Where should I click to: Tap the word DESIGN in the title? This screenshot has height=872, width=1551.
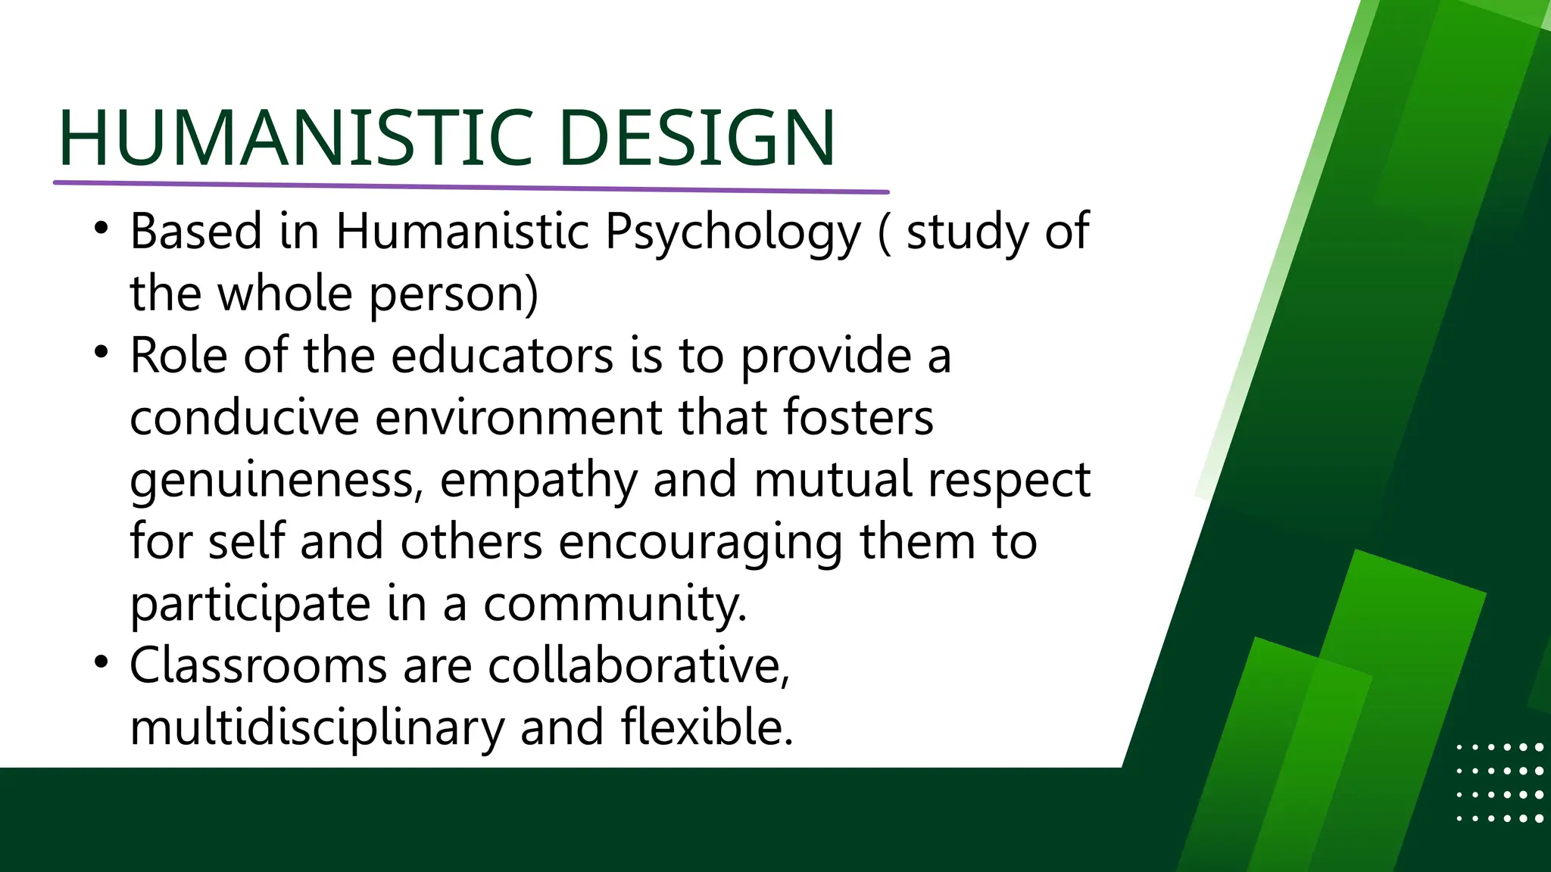click(697, 138)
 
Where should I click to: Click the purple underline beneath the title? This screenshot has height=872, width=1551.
click(470, 186)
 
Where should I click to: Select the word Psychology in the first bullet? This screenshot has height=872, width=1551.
click(733, 232)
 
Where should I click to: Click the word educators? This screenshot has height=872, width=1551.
click(502, 356)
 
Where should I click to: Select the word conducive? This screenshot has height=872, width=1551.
click(244, 418)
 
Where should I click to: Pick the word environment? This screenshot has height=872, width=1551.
click(518, 418)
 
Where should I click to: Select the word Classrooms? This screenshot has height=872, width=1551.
click(257, 666)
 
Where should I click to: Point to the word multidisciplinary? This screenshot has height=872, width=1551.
click(317, 728)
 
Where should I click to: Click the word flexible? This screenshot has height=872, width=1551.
click(707, 728)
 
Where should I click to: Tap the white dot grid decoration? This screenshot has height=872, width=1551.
click(1500, 783)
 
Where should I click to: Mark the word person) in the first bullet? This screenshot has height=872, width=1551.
click(454, 295)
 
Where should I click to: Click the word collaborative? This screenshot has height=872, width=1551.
click(639, 666)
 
